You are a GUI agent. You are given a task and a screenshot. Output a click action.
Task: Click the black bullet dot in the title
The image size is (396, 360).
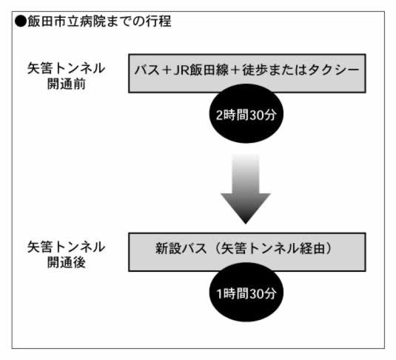(21, 21)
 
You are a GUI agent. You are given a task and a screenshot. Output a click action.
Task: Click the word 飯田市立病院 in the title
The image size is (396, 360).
(67, 21)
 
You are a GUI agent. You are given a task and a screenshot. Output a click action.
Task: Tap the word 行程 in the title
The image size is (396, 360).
(158, 21)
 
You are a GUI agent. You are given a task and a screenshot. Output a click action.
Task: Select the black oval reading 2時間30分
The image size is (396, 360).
(246, 113)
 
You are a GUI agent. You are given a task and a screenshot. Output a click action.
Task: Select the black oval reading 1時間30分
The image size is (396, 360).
(246, 293)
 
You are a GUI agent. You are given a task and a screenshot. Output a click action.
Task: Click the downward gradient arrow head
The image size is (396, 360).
(246, 208)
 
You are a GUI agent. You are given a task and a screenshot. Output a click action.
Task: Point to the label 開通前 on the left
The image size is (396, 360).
(66, 84)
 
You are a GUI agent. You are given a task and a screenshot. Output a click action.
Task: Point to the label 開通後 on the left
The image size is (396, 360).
(66, 262)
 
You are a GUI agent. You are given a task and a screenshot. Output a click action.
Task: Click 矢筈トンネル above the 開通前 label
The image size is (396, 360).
(66, 68)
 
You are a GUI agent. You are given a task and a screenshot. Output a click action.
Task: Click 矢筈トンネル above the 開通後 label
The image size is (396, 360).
(66, 247)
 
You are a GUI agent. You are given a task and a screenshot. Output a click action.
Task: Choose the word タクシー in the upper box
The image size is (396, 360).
(333, 70)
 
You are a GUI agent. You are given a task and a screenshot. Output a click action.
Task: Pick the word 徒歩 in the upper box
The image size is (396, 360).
(255, 70)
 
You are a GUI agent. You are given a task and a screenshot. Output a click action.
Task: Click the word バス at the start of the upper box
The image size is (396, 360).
(147, 70)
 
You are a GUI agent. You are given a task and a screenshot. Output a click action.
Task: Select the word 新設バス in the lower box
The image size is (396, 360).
(181, 248)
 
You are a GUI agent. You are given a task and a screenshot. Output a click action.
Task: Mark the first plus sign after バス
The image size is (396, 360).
(167, 70)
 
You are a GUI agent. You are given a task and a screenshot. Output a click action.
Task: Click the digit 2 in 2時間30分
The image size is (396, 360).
(220, 115)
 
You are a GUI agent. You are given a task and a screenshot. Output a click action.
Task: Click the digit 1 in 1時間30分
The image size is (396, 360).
(220, 294)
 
